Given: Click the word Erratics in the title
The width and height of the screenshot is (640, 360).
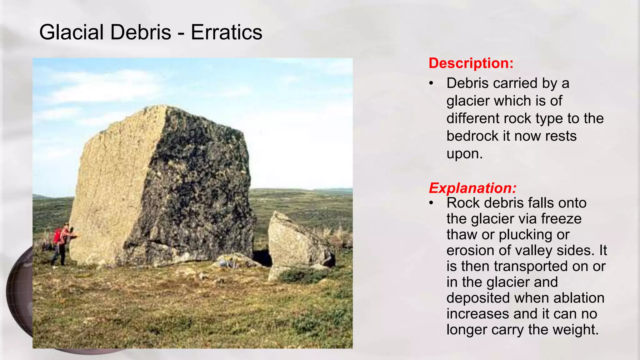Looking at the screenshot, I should pos(226,32).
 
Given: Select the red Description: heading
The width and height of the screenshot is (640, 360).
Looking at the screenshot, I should pos(471,63).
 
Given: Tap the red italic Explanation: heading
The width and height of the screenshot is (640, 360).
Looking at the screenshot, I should pos(472,188).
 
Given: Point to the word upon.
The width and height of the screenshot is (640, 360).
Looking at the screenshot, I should pos(464,154).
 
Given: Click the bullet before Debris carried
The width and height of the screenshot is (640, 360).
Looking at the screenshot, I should pos(432,83).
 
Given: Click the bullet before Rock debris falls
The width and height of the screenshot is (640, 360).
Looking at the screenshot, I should pos(432,203).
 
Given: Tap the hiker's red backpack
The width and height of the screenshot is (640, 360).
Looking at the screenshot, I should pos(57,236).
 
